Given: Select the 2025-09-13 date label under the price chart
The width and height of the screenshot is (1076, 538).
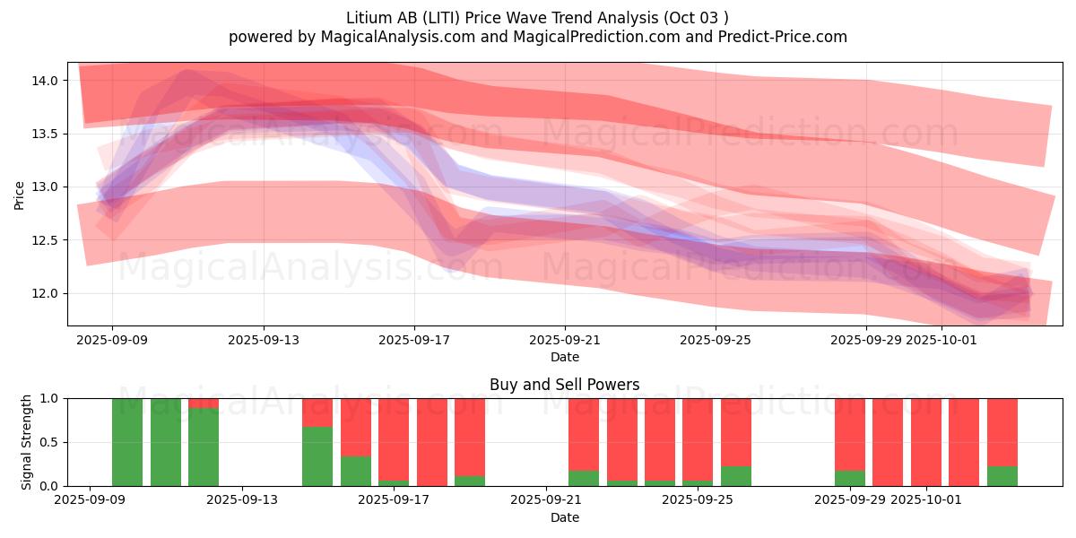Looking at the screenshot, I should click(263, 340).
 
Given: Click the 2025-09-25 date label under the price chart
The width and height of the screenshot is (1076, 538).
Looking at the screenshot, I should click(715, 340).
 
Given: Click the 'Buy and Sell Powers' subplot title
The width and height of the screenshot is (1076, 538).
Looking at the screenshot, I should click(564, 385).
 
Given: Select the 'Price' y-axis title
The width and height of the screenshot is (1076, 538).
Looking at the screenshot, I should click(20, 195).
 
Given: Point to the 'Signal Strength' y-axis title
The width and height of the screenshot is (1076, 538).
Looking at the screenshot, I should click(27, 442).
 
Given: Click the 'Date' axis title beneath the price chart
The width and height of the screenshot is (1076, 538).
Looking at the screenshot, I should click(564, 357).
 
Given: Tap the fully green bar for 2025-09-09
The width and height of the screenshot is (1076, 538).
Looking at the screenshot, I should click(127, 442).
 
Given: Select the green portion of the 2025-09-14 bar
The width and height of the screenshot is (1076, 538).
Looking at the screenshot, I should click(317, 456).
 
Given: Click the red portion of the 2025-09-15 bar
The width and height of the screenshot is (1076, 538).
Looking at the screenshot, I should click(356, 427).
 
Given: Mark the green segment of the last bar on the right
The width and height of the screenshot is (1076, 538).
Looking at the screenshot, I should click(1002, 476).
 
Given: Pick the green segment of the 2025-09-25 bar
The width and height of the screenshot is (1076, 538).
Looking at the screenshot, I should click(736, 476).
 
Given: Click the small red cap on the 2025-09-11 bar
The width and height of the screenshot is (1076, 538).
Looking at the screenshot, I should click(204, 403).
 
